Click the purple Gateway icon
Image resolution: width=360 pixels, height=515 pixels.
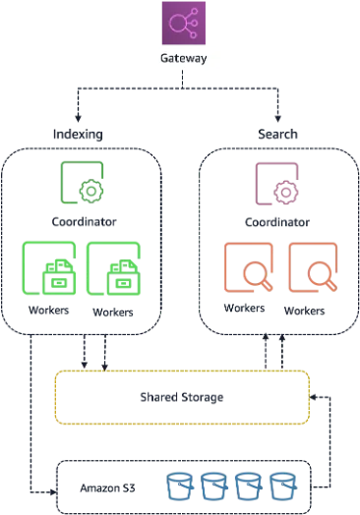184,23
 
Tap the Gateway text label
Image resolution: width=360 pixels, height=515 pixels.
184,58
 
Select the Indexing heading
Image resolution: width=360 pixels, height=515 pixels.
78,134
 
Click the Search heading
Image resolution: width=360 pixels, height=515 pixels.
277,134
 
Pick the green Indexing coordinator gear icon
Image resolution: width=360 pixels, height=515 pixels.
82,182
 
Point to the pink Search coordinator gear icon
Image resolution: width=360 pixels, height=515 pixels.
277,184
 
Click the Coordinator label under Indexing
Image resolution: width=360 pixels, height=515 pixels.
85,222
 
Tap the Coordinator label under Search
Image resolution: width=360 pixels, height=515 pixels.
277,222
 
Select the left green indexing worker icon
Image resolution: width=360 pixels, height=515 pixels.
49,268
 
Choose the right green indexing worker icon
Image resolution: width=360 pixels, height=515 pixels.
113,268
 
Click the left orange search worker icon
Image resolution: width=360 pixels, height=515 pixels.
249,267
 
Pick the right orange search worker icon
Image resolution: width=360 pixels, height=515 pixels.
313,267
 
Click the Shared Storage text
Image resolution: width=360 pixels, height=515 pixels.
182,397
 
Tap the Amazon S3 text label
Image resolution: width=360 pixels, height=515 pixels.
107,488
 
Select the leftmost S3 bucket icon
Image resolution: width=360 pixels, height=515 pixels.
180,486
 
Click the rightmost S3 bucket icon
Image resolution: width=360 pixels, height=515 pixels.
283,486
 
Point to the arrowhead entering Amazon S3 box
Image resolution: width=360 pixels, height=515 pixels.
53,492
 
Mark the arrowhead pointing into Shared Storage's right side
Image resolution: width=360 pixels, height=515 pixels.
314,397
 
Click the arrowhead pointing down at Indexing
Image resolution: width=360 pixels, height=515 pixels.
78,118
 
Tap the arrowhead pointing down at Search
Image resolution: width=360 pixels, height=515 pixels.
277,118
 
